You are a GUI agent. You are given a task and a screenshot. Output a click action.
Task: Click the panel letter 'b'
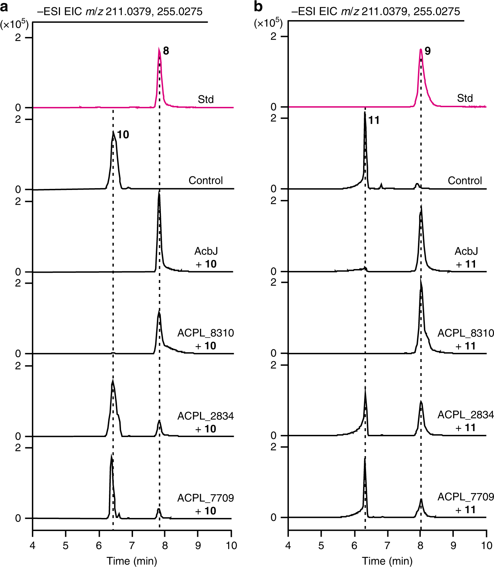point(259,7)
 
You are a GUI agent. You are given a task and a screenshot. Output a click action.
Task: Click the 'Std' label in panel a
point(205,99)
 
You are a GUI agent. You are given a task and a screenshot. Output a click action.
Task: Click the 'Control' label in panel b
point(464,180)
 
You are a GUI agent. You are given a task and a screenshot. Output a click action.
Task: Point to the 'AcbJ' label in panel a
point(206,251)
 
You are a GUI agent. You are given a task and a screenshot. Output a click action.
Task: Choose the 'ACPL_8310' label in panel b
point(465,333)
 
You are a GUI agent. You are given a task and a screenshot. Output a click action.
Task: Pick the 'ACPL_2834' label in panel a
point(205,416)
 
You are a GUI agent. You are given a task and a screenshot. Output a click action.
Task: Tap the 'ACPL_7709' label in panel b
point(465,497)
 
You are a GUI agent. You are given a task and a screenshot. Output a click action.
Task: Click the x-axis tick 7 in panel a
point(132,545)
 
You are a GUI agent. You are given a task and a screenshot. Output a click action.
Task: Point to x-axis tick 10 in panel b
point(486,545)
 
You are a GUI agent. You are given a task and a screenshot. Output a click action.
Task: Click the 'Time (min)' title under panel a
point(132,561)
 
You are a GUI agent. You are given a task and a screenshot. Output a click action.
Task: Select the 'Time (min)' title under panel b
point(387,561)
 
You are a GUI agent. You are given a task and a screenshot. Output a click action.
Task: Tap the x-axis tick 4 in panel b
point(288,545)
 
